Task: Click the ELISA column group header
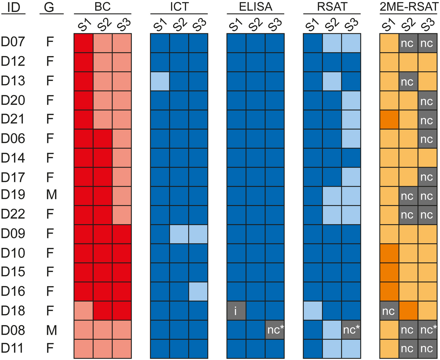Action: (255, 7)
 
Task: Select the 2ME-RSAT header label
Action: (409, 7)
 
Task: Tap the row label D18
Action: (13, 311)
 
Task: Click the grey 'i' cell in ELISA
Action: (236, 311)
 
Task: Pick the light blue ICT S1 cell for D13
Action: (160, 81)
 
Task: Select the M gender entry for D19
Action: (51, 195)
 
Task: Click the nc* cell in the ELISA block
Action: (275, 330)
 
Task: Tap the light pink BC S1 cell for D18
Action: (83, 311)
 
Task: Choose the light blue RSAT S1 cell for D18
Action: (313, 311)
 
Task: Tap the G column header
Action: (49, 7)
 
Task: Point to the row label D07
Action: (13, 42)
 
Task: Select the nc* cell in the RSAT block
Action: (351, 330)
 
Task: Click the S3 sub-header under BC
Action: (123, 25)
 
